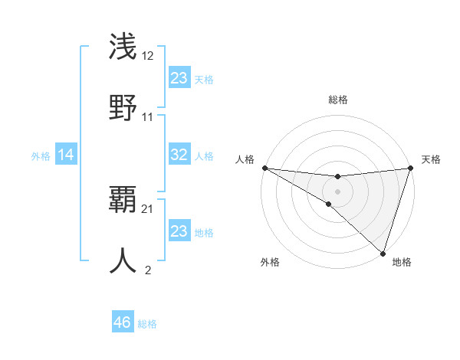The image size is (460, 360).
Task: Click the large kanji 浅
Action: [x=123, y=46]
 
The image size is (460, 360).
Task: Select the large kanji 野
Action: [x=123, y=107]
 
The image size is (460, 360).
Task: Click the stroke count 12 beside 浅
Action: [x=148, y=55]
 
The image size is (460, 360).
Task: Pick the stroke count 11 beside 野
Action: [x=148, y=117]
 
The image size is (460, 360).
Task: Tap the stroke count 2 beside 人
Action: [x=148, y=270]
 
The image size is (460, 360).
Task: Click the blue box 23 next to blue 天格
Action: [x=179, y=78]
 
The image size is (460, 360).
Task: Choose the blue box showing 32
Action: [x=179, y=155]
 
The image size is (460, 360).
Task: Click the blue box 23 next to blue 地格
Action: [x=179, y=231]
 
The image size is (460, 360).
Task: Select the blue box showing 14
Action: [x=66, y=155]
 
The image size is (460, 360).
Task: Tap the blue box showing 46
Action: [x=122, y=322]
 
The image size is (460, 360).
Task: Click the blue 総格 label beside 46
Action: [x=147, y=324]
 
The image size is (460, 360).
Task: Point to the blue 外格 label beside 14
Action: [x=41, y=156]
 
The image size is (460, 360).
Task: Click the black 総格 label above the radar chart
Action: [x=337, y=100]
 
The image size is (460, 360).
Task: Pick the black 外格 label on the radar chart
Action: [x=270, y=262]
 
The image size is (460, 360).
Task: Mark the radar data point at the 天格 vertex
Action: [x=409, y=168]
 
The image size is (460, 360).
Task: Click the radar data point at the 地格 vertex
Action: [x=382, y=252]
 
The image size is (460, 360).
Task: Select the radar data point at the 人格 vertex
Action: [x=264, y=168]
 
